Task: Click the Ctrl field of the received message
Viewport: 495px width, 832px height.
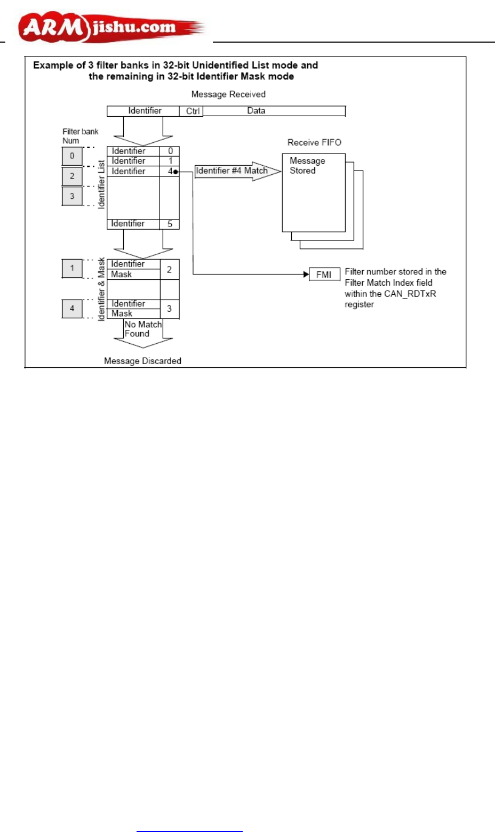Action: [193, 111]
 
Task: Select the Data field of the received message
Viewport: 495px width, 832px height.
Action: [256, 111]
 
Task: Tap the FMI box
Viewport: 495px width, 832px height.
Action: [324, 274]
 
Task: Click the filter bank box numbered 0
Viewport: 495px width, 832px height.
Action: [72, 156]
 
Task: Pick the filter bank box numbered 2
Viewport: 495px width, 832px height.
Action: [72, 176]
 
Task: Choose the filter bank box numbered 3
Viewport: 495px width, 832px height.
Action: [72, 196]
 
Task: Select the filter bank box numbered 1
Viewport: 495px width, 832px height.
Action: [72, 268]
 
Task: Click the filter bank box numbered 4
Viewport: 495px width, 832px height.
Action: [72, 308]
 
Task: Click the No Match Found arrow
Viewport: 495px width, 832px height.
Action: [143, 334]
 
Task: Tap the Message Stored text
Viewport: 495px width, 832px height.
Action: [307, 165]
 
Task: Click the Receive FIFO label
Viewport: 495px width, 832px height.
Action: [314, 142]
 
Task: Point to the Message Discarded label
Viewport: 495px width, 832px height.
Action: [142, 361]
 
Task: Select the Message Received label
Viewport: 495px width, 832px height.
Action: [228, 94]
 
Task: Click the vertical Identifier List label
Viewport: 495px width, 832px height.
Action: [101, 184]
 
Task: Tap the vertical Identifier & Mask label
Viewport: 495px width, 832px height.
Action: [101, 289]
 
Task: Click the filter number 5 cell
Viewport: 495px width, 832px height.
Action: [170, 224]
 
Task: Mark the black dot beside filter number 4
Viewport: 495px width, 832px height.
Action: [175, 172]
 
